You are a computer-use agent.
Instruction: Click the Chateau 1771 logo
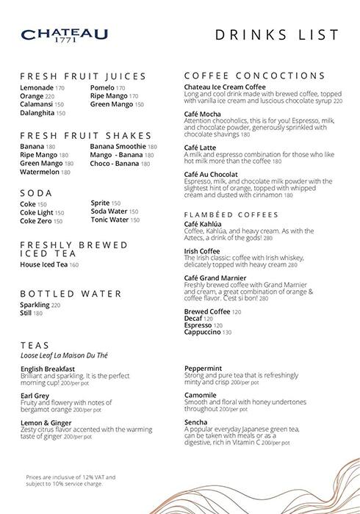click(65, 36)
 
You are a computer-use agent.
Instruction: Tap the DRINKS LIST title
click(278, 35)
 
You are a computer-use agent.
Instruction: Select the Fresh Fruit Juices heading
click(83, 76)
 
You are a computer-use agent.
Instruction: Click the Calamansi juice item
click(37, 104)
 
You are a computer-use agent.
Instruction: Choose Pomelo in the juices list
click(102, 87)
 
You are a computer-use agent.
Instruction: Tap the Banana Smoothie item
click(118, 146)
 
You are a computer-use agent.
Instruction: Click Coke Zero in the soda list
click(36, 220)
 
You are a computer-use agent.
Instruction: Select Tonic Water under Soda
click(109, 220)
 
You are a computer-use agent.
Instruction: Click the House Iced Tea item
click(44, 264)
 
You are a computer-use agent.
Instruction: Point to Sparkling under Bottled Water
click(35, 305)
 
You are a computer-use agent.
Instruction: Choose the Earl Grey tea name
click(35, 396)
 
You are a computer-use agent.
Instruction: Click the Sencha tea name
click(196, 423)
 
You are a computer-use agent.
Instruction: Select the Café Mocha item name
click(203, 114)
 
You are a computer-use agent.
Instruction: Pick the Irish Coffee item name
click(202, 251)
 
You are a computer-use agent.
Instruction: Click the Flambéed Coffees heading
click(231, 214)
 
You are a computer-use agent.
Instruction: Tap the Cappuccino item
click(206, 333)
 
